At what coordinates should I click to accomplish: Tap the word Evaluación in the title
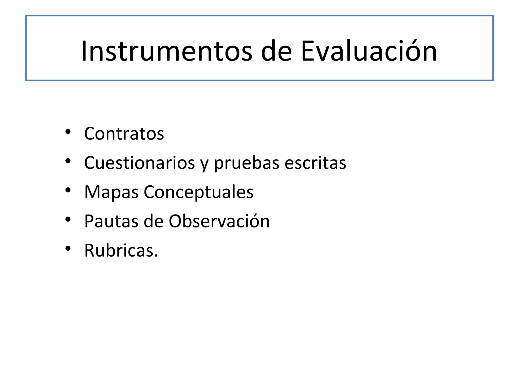click(369, 51)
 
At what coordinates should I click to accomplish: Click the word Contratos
click(124, 134)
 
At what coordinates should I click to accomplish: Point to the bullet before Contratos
click(68, 132)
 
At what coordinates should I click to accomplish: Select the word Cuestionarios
click(139, 163)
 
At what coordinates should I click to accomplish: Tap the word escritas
click(315, 163)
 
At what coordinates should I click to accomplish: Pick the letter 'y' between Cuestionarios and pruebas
click(204, 165)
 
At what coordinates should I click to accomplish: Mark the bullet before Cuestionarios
click(68, 161)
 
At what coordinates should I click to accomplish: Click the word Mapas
click(111, 192)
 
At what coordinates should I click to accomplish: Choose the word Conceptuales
click(198, 192)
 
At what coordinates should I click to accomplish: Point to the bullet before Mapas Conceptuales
click(68, 190)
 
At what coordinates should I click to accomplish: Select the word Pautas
click(111, 221)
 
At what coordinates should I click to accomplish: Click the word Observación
click(219, 221)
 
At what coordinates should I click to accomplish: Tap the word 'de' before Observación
click(153, 221)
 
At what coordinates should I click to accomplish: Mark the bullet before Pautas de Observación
click(68, 219)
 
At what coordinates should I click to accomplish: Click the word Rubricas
click(121, 251)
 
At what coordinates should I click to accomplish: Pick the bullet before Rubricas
click(68, 248)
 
